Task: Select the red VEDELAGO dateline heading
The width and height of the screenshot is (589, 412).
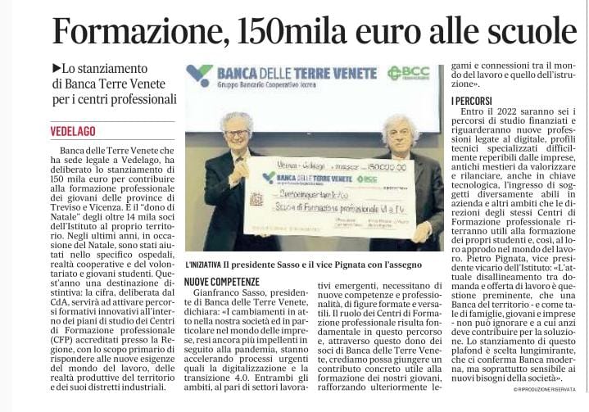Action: pyautogui.click(x=73, y=131)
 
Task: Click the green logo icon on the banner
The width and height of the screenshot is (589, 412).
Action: pyautogui.click(x=199, y=75)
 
